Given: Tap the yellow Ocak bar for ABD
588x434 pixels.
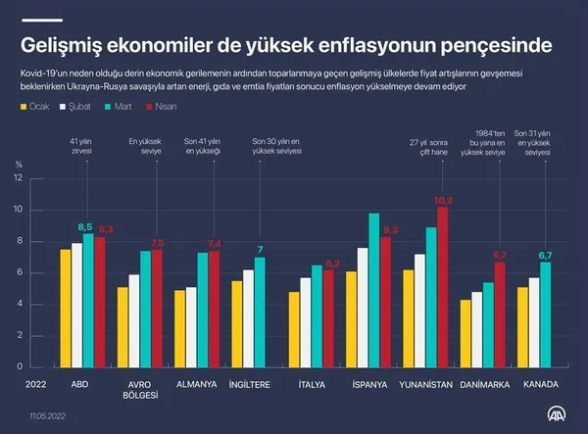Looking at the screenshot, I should pyautogui.click(x=66, y=308).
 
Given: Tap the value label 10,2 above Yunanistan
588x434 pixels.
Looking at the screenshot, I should pyautogui.click(x=443, y=200).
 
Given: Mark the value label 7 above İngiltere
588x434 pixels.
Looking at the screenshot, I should pyautogui.click(x=260, y=250).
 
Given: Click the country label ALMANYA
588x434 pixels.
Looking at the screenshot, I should pyautogui.click(x=195, y=384).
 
